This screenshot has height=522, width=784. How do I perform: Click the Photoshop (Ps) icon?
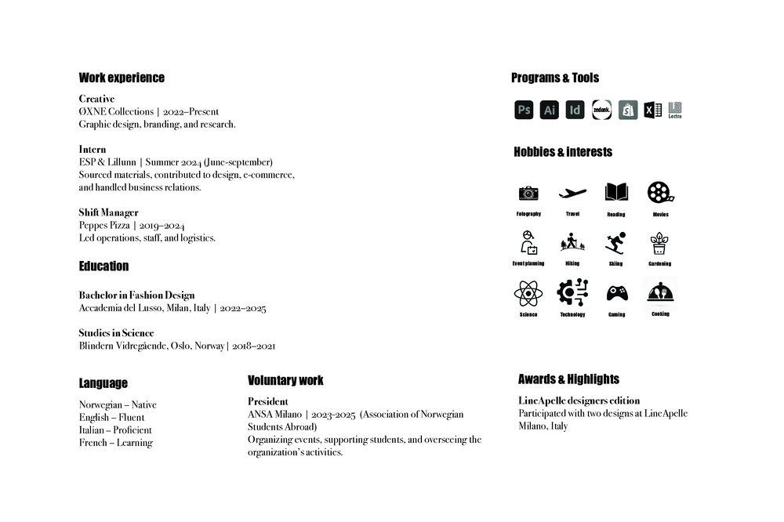coord(524,110)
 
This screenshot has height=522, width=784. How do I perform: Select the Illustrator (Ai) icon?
coord(550,110)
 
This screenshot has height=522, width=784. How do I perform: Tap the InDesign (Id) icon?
coord(575,110)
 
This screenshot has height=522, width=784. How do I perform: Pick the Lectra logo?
coord(675,111)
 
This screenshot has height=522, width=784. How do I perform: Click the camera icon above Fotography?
coord(528,193)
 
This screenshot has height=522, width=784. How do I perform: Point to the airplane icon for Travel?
coord(572,193)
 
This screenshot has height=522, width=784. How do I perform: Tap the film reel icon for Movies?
coord(660,193)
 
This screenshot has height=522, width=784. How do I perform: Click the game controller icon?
coord(616,293)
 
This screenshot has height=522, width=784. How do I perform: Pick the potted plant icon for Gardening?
coord(660,243)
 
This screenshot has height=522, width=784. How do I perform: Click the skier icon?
coord(616,243)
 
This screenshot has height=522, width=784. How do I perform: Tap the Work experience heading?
coord(122,78)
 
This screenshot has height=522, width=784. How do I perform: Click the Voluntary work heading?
coord(285,380)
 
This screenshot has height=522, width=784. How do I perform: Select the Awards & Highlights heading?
coord(568,379)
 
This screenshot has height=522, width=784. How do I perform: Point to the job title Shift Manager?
coord(108,212)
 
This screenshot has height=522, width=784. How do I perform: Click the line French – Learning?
coord(115,443)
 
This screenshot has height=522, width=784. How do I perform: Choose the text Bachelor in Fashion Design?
coord(136,295)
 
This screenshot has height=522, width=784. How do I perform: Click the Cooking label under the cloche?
coord(660,314)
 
